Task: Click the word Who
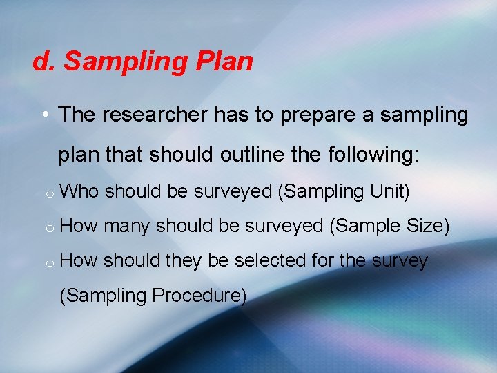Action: (80, 191)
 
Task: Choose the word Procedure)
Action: (199, 296)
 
